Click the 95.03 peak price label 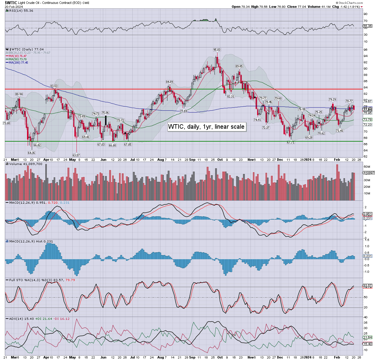(x=217, y=50)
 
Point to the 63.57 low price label (x=76, y=155)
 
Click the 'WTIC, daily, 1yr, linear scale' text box (x=206, y=127)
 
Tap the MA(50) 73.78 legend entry (x=17, y=59)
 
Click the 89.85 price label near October (x=239, y=66)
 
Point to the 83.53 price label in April (x=54, y=86)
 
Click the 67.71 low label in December (x=290, y=142)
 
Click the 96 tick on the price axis (x=365, y=50)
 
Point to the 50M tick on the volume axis (x=367, y=166)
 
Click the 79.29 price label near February (x=332, y=99)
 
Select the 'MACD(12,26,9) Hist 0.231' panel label (x=31, y=241)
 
